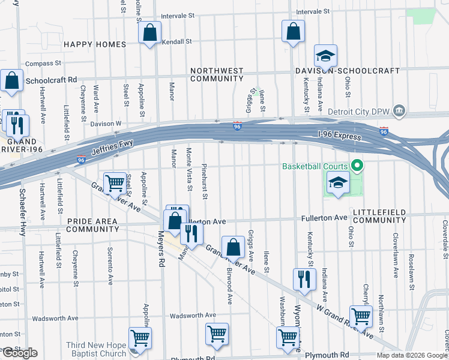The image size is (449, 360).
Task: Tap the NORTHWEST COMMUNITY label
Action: tap(217, 74)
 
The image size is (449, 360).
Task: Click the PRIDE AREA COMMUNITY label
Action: tap(92, 225)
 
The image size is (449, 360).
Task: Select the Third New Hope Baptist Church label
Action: tap(96, 349)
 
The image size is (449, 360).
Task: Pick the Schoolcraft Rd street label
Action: tap(51, 79)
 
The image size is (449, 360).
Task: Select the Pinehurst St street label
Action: tap(205, 181)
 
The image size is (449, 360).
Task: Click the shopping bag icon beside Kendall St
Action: tap(150, 33)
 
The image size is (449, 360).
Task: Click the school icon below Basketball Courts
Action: tap(338, 184)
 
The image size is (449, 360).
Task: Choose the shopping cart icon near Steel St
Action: tap(114, 184)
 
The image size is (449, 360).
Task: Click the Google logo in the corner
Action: tap(19, 353)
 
